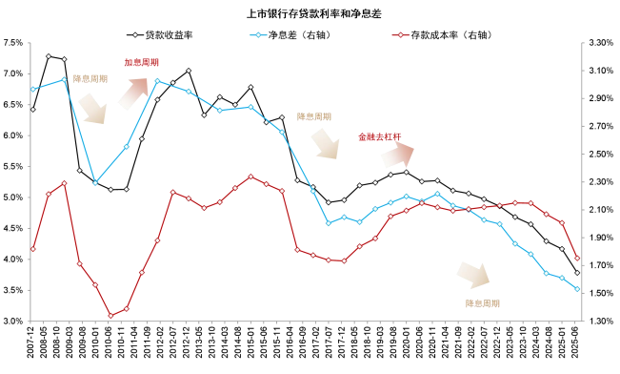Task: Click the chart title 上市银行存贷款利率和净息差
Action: click(x=310, y=14)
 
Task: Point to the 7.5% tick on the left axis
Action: click(x=12, y=43)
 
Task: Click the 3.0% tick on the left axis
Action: click(x=12, y=322)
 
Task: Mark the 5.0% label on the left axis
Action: click(x=12, y=197)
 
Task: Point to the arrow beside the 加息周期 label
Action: click(x=132, y=92)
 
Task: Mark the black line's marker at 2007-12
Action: click(x=33, y=109)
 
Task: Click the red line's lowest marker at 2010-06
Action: click(x=110, y=316)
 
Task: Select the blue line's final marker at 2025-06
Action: click(x=577, y=289)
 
